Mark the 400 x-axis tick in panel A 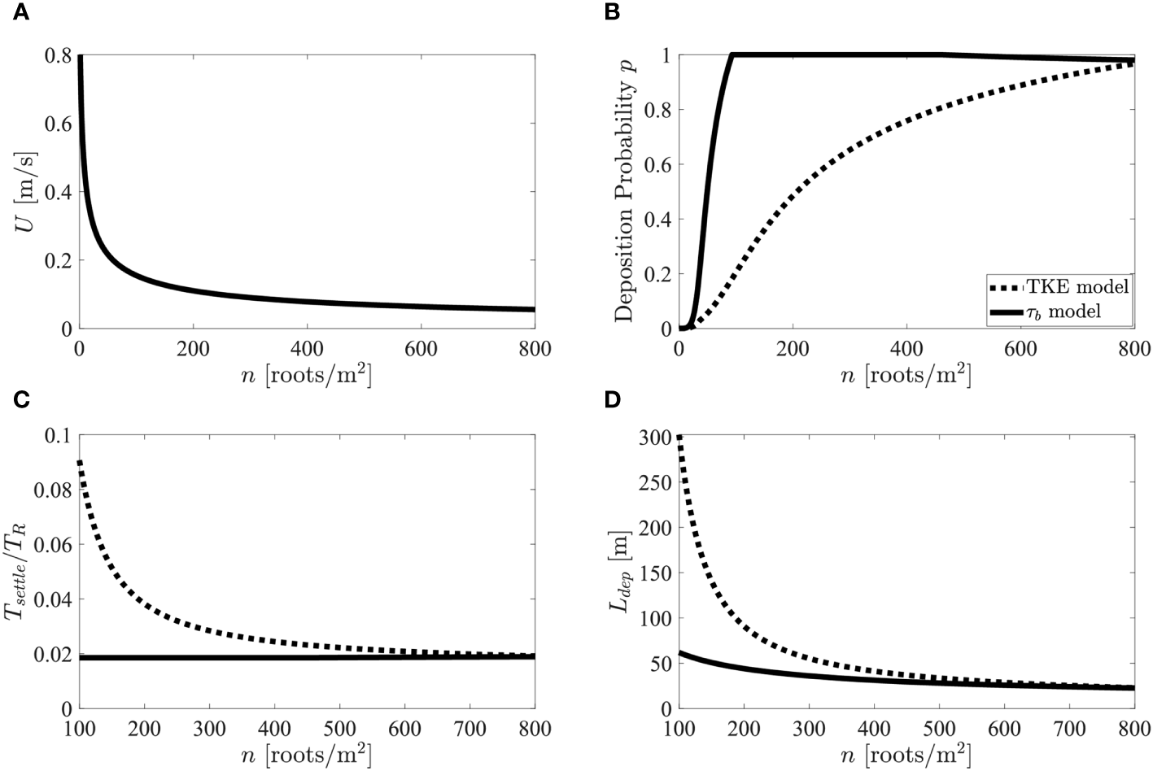307,350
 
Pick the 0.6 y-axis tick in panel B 657,164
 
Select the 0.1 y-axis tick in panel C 57,435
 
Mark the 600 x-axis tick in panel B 1020,350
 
